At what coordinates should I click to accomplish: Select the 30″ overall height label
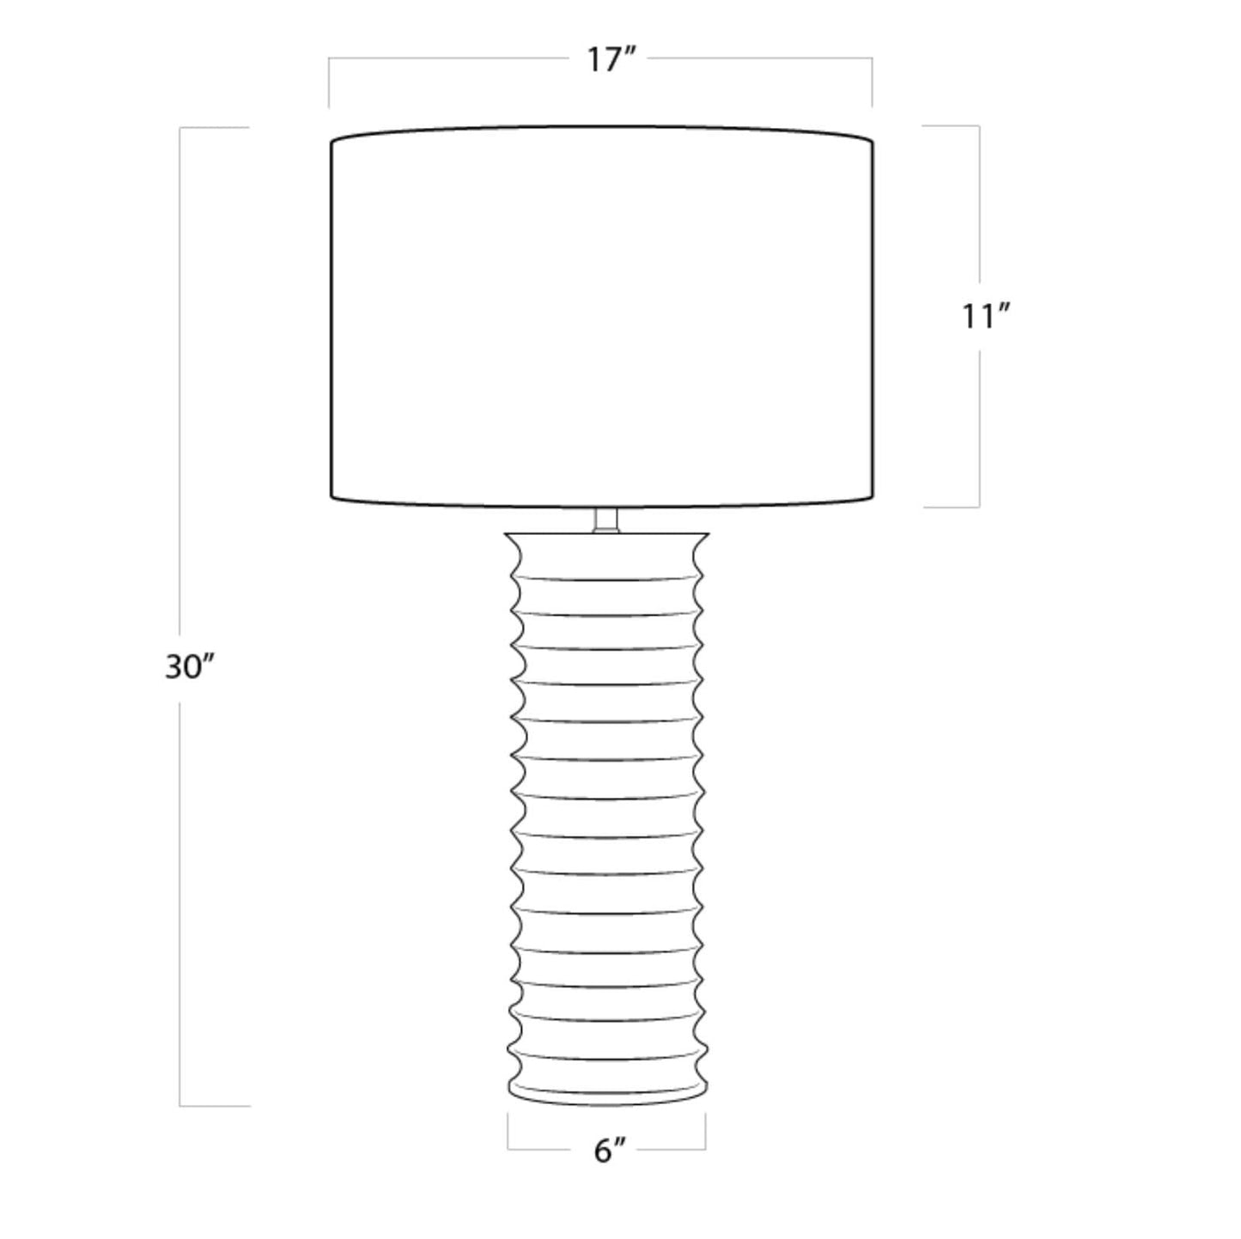(x=189, y=667)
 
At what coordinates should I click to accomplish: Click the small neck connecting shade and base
(x=606, y=521)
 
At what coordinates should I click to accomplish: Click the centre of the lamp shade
(x=602, y=317)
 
